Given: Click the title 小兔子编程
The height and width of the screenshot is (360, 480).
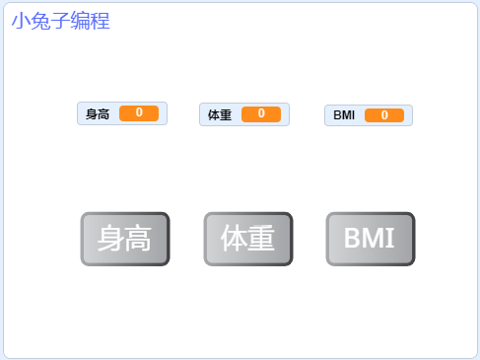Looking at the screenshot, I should [60, 21].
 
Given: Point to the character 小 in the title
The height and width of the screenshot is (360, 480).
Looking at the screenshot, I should [21, 21].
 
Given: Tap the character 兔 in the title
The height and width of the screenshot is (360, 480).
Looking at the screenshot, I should [40, 21].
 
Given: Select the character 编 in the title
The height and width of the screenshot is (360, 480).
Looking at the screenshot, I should [80, 21].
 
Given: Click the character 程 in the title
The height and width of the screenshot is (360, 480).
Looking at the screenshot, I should [100, 21].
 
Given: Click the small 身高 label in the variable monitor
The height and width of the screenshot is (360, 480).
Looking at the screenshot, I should [98, 114].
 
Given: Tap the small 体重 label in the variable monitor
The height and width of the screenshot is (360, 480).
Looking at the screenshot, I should [220, 115].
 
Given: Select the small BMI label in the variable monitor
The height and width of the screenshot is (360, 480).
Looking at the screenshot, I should [344, 115].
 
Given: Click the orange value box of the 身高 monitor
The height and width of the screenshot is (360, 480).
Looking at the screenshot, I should [139, 113].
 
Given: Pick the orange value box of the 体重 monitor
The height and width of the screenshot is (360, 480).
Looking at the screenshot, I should [261, 114].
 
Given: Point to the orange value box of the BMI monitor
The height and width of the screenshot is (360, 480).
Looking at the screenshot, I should [384, 115].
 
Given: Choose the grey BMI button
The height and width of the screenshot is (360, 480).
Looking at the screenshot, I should [370, 239].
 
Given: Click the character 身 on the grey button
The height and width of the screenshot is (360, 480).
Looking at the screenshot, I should [110, 239].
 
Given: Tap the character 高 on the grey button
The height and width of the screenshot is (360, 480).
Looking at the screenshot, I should [138, 239].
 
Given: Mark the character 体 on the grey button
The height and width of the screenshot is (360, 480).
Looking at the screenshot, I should [235, 239].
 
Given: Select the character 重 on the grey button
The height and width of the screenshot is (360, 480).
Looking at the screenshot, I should [262, 239].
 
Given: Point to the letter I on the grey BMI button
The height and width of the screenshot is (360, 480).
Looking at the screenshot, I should [389, 239].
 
